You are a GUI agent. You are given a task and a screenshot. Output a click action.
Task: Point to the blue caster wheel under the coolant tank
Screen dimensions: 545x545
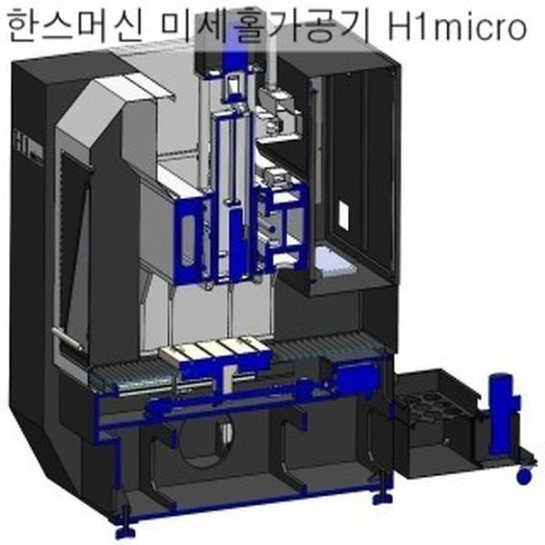tap(523, 474)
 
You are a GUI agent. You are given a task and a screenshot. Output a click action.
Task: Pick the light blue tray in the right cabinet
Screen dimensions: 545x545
tap(337, 266)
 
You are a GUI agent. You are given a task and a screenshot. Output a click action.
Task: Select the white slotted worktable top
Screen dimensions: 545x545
tap(214, 349)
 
